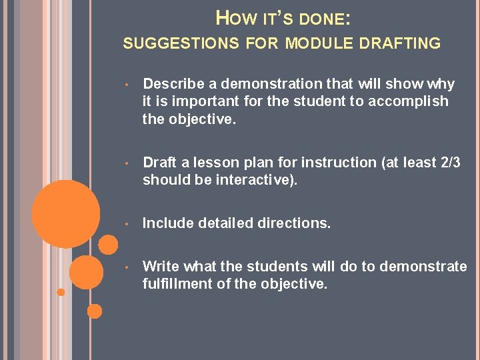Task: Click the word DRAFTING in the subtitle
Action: tap(401, 44)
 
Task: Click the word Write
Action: tap(161, 267)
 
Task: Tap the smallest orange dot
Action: tap(61, 292)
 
